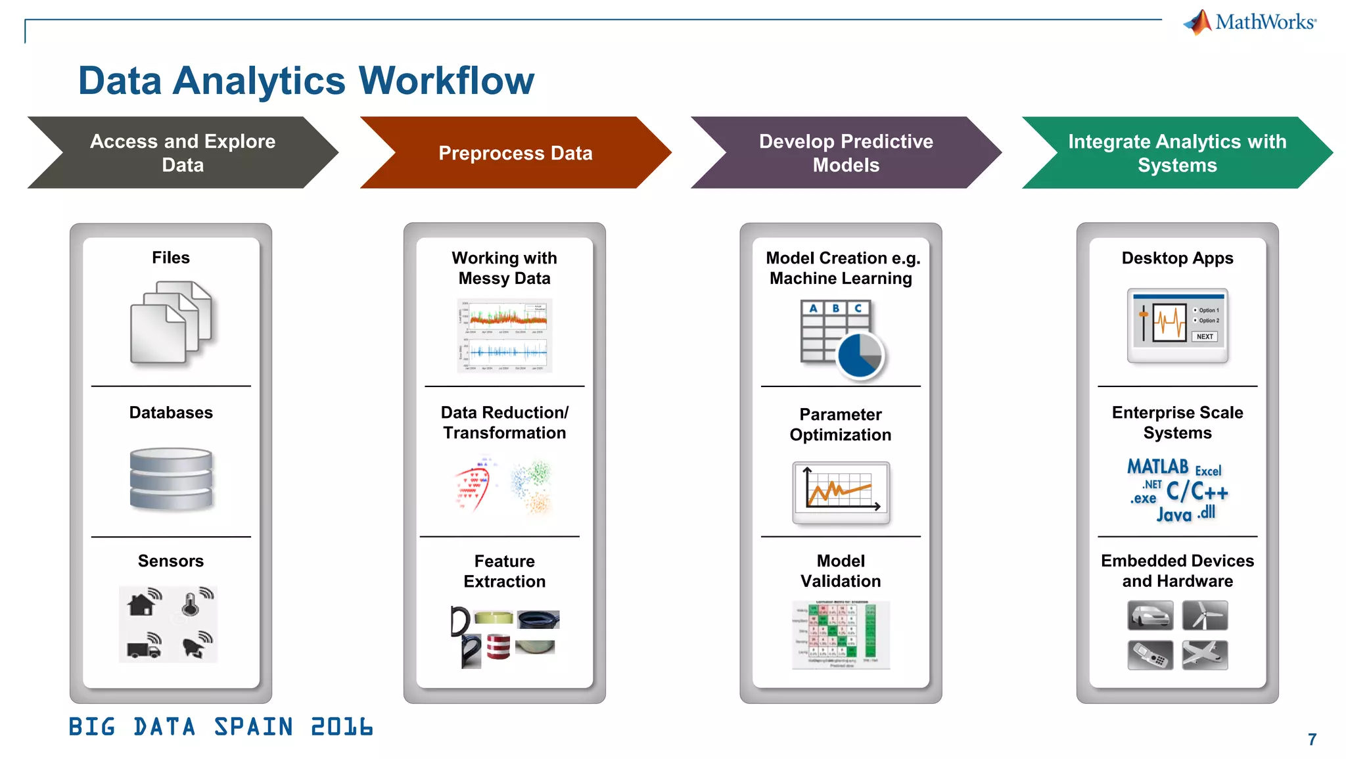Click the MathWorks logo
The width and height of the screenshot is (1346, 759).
[1250, 22]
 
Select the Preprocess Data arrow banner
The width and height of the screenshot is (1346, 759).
[515, 153]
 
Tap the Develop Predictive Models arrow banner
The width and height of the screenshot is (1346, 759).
[845, 153]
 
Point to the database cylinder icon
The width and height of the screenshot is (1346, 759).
[171, 479]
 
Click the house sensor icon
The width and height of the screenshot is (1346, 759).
[143, 603]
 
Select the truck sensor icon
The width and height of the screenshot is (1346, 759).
[143, 647]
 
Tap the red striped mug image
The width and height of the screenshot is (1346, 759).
[498, 647]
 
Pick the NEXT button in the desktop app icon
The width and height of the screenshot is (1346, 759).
[1204, 336]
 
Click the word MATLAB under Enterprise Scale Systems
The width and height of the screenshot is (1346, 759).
[1157, 467]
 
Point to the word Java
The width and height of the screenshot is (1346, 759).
[1174, 515]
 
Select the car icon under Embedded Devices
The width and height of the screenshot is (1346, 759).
[1149, 616]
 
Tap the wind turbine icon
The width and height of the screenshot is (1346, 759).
[1205, 616]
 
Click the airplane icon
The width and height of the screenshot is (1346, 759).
[1205, 655]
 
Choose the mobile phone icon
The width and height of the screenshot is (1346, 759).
[1149, 655]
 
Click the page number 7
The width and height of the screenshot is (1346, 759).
[1312, 740]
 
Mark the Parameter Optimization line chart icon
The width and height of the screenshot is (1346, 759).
[841, 491]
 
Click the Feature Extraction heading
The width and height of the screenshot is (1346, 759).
[504, 571]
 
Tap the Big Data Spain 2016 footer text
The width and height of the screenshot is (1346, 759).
[221, 727]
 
